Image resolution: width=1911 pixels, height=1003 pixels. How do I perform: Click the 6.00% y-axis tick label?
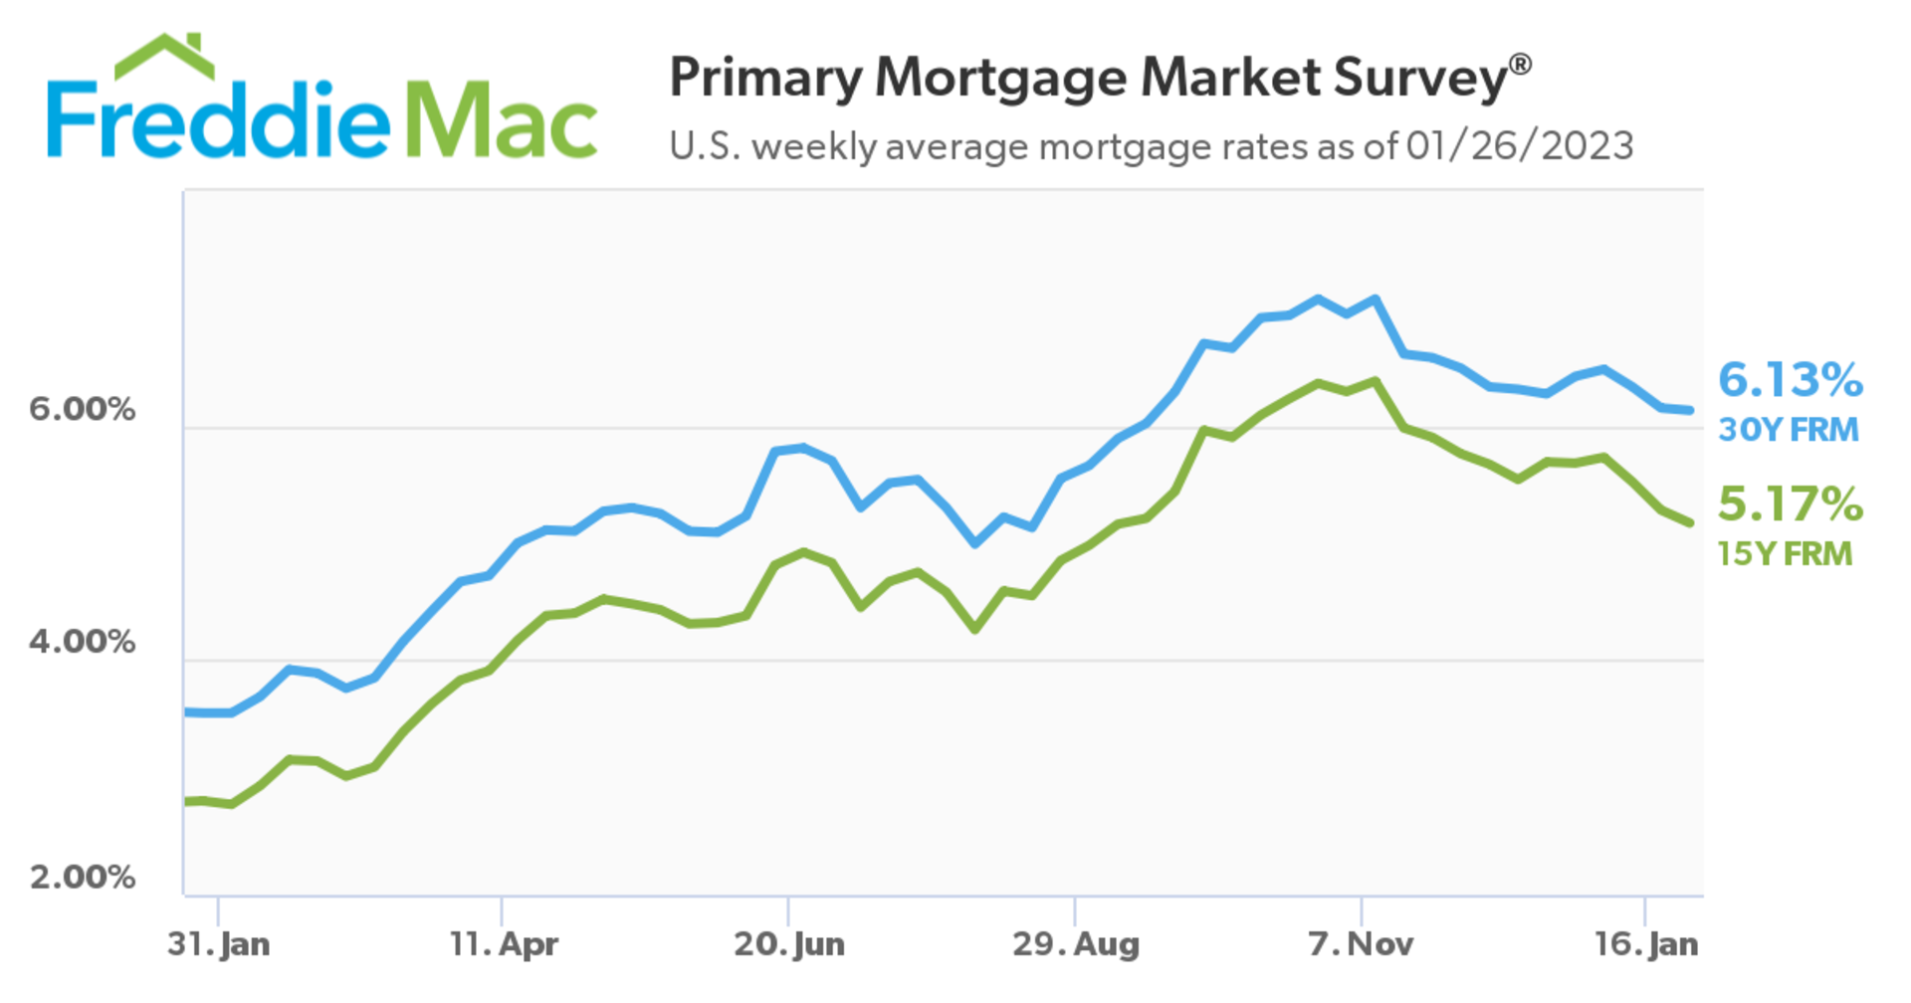[82, 409]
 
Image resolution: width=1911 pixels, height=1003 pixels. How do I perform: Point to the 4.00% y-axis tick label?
[82, 642]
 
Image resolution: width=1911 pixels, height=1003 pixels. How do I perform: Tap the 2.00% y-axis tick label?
[82, 877]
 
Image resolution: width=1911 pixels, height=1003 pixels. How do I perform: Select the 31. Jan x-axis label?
[218, 943]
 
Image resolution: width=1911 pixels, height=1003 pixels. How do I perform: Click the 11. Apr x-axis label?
[503, 943]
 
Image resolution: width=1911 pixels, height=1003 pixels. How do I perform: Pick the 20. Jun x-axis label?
[789, 943]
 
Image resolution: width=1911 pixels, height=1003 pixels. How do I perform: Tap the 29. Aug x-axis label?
[1075, 943]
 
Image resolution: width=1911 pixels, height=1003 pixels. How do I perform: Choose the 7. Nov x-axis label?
[1361, 943]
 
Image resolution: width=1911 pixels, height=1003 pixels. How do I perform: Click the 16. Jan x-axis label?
[1646, 943]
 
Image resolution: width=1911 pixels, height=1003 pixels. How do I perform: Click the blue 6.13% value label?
[1790, 380]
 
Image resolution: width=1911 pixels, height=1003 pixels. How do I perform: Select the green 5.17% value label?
[1790, 504]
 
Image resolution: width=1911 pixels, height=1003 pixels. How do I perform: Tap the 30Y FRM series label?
[1788, 430]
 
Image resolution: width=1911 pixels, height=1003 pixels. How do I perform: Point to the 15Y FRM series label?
[1785, 554]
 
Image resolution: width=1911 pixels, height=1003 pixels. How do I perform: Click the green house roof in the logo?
[164, 57]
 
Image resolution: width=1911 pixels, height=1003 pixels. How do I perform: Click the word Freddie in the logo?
[219, 121]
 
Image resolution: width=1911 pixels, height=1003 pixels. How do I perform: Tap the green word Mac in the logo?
[503, 121]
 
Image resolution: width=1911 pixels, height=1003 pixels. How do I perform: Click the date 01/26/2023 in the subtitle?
[1519, 146]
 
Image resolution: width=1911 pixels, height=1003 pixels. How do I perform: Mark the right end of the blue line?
[1689, 410]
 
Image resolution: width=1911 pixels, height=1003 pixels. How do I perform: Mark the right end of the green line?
[1689, 522]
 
